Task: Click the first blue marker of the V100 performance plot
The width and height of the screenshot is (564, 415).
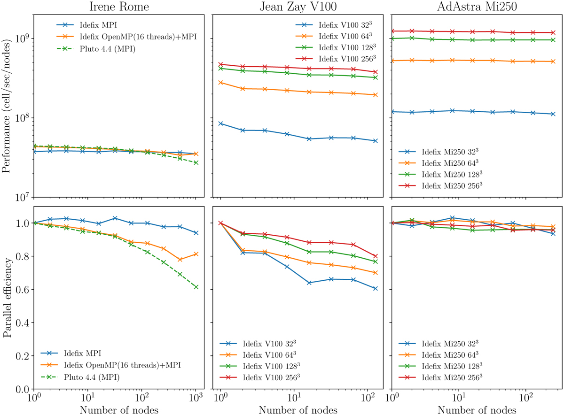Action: pos(220,123)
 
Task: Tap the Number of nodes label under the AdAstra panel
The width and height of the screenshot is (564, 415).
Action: pos(476,410)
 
